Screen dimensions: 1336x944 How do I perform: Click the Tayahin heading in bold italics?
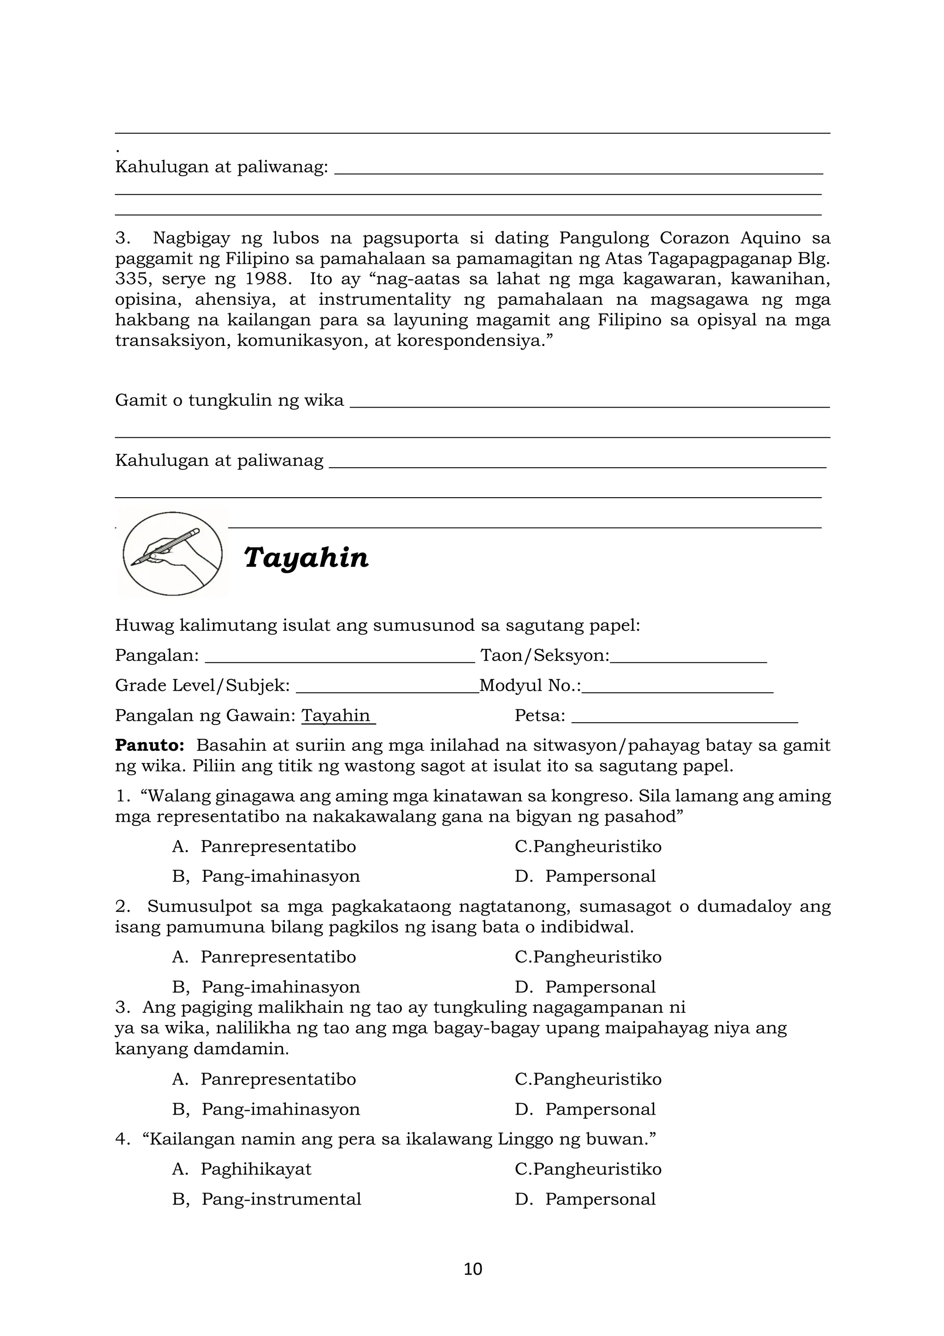pyautogui.click(x=306, y=558)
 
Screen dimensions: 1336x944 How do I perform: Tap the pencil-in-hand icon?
pyautogui.click(x=172, y=553)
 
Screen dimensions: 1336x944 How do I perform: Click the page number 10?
pyautogui.click(x=472, y=1269)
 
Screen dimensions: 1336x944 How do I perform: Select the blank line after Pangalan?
pyautogui.click(x=340, y=658)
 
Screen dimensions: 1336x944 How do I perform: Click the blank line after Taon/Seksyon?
pyautogui.click(x=688, y=658)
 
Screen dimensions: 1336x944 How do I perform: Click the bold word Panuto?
pyautogui.click(x=149, y=745)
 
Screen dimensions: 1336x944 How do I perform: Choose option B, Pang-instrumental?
pyautogui.click(x=281, y=1199)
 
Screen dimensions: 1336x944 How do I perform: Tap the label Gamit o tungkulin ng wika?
pyautogui.click(x=229, y=400)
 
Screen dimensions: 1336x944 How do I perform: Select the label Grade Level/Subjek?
pyautogui.click(x=202, y=685)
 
